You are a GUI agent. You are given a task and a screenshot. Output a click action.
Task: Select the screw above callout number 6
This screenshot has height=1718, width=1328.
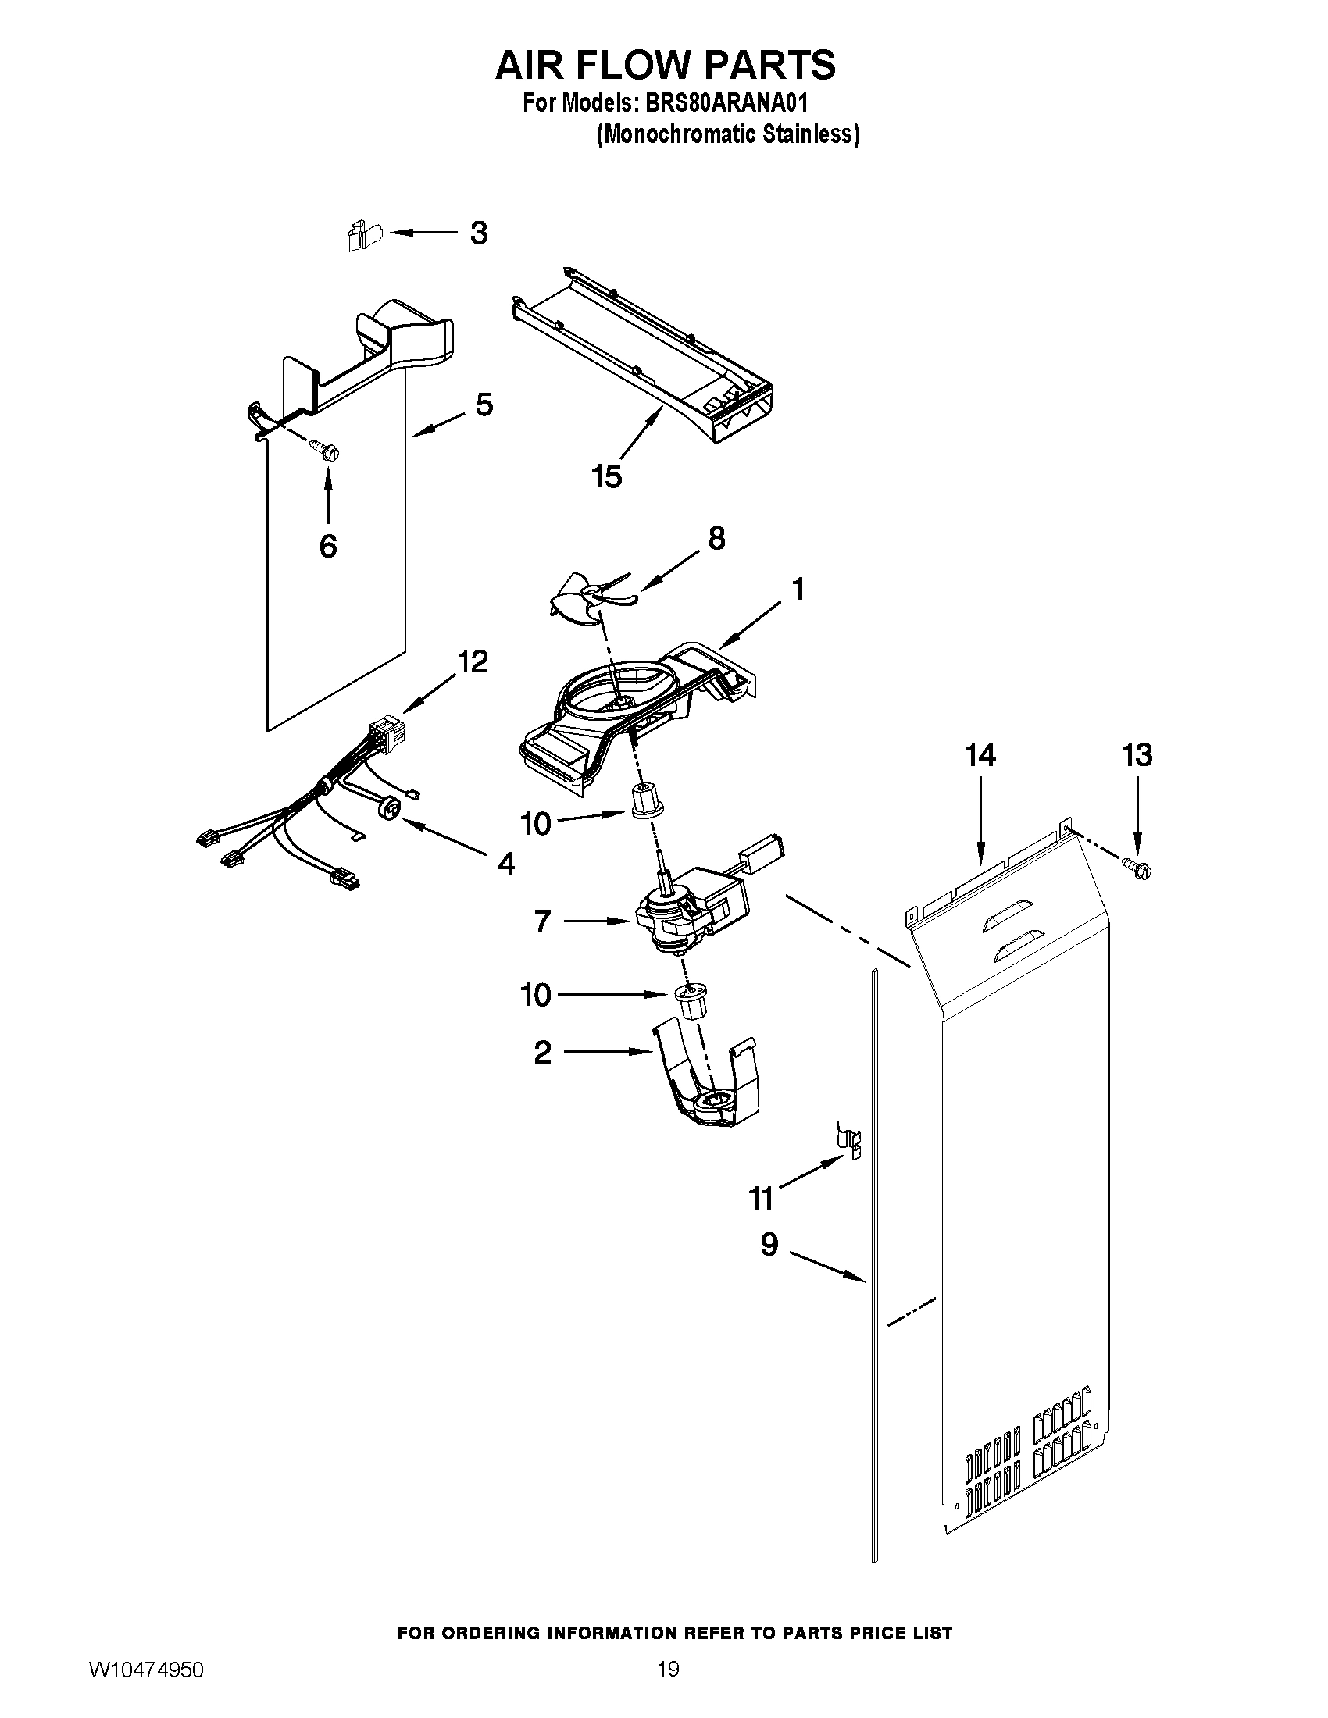coord(329,451)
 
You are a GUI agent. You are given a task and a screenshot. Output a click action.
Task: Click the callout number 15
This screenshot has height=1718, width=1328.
coord(606,476)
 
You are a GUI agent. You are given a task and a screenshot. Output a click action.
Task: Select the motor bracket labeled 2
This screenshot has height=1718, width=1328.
coord(704,1089)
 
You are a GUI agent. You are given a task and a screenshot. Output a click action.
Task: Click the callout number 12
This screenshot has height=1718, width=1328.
coord(473,661)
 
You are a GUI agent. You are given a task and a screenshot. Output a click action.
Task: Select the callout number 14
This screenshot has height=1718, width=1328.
coord(980,755)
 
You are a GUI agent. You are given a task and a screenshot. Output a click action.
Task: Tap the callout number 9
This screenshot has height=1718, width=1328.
coord(769,1245)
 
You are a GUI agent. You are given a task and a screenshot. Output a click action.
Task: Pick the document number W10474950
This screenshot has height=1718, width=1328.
coord(146,1688)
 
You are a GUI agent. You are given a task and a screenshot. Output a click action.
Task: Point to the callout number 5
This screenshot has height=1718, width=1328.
coord(484,405)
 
